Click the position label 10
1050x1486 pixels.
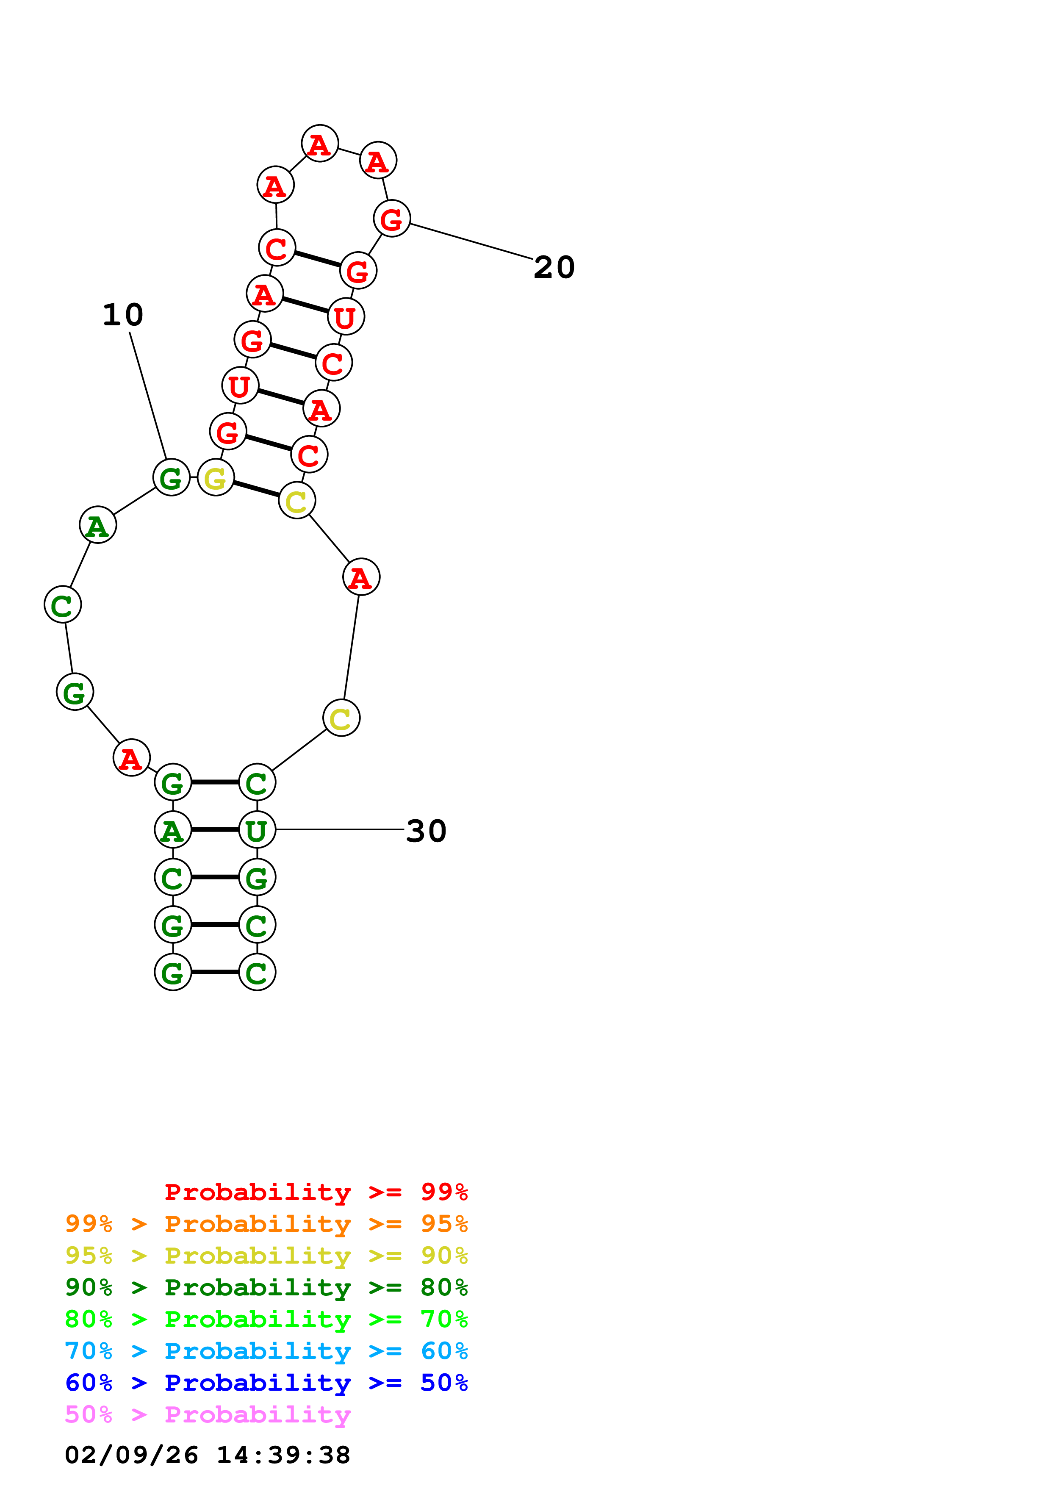[123, 315]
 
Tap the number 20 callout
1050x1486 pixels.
[554, 267]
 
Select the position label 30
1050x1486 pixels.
[427, 831]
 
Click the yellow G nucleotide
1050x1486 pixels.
[216, 478]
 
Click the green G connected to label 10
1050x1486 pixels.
[172, 478]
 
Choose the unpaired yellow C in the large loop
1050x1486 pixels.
[341, 718]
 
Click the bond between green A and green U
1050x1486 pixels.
[215, 830]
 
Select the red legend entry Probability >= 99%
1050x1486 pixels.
[316, 1192]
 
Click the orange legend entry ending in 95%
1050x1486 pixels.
[266, 1223]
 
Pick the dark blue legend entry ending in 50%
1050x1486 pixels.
[266, 1383]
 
